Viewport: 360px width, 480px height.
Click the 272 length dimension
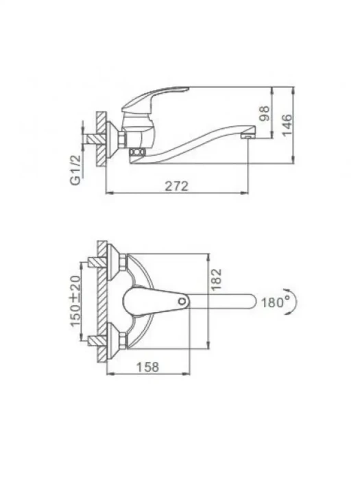pos(177,186)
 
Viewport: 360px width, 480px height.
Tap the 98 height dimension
pos(264,113)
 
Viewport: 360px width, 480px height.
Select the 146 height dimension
pos(287,125)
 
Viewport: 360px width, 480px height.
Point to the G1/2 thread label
pos(75,170)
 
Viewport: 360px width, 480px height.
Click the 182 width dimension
pos(216,279)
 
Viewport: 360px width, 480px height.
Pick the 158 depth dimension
pos(147,367)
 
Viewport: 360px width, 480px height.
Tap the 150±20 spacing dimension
pos(76,301)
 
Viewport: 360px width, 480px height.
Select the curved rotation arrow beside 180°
pos(293,301)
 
